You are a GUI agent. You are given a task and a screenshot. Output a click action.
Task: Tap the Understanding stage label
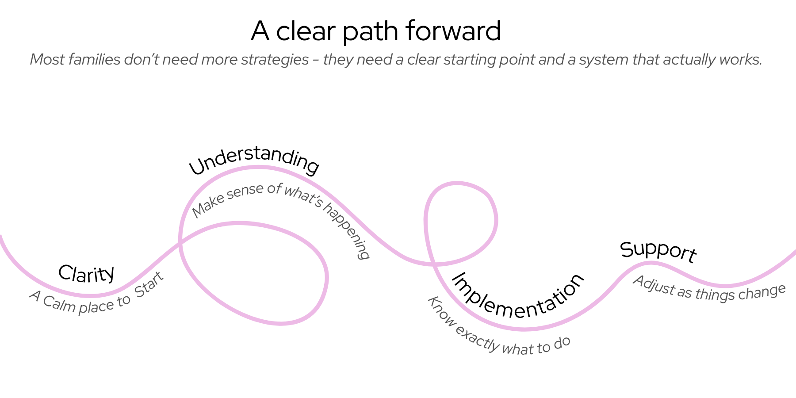click(254, 160)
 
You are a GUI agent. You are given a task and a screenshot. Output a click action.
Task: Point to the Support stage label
click(658, 251)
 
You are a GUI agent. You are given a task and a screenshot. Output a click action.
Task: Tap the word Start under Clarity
click(149, 285)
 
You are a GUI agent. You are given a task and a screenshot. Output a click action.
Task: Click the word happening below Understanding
click(347, 230)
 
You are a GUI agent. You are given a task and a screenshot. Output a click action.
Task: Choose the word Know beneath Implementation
click(441, 311)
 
